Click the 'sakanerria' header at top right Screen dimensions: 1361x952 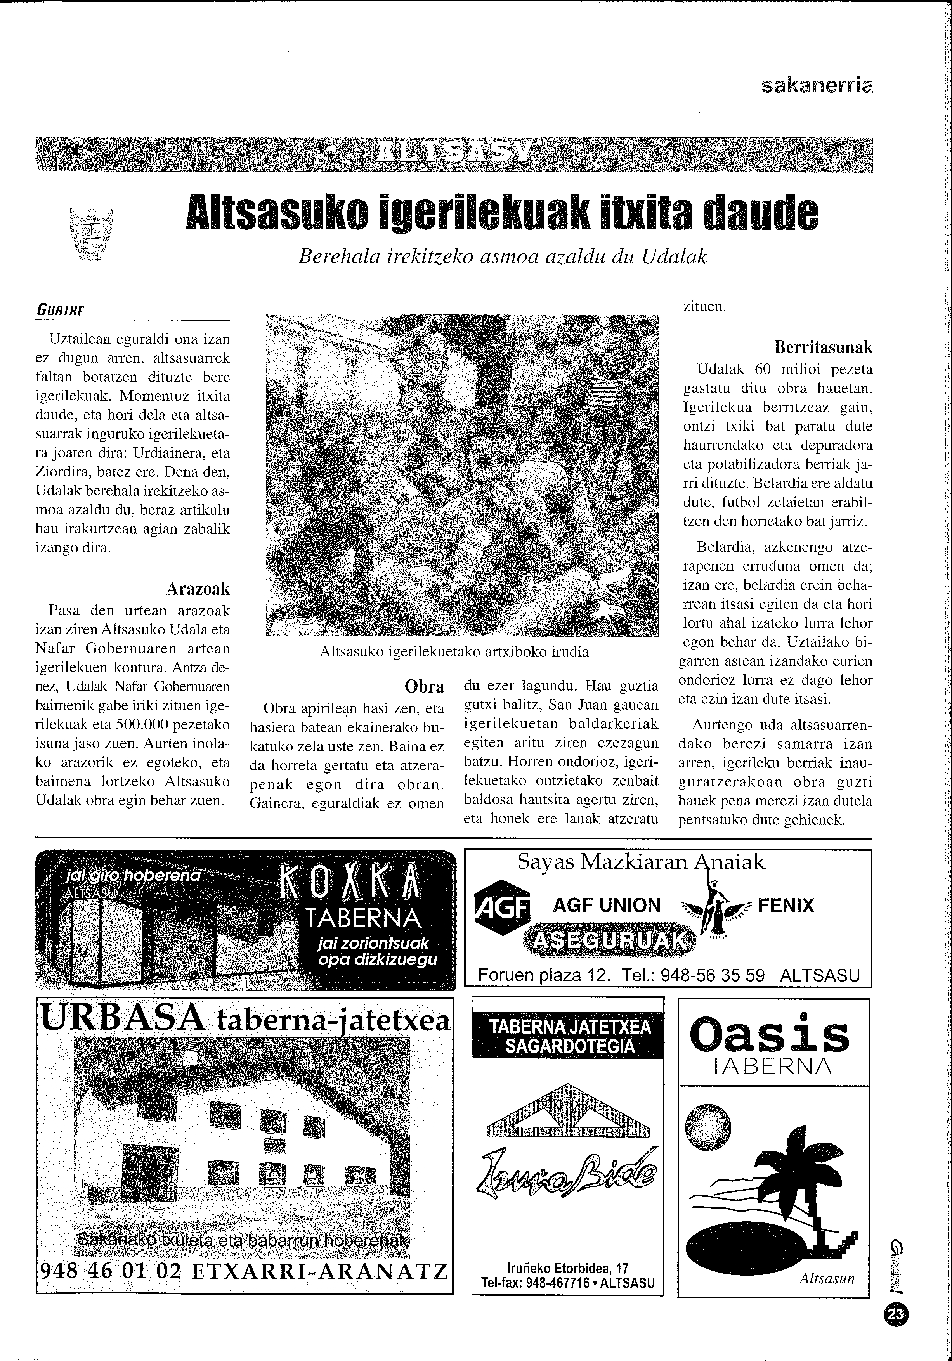coord(817,86)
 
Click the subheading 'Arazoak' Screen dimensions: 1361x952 coord(198,589)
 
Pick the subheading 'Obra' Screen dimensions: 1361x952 coord(424,686)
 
